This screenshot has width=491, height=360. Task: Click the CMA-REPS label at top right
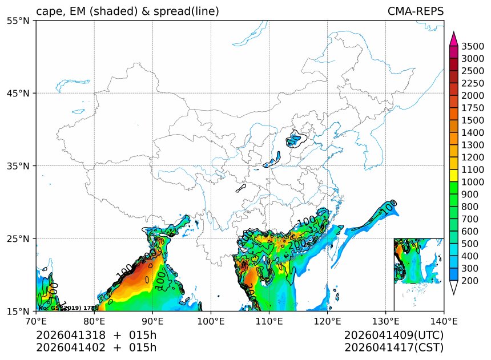(415, 11)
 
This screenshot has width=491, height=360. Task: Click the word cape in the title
(49, 12)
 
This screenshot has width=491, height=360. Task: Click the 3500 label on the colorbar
(473, 46)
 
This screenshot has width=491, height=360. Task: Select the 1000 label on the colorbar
(473, 182)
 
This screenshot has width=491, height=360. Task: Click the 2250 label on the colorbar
(473, 83)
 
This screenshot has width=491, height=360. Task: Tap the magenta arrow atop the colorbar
(454, 39)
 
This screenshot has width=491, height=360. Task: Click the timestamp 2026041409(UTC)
(394, 335)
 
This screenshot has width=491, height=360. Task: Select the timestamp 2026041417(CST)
(394, 347)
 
